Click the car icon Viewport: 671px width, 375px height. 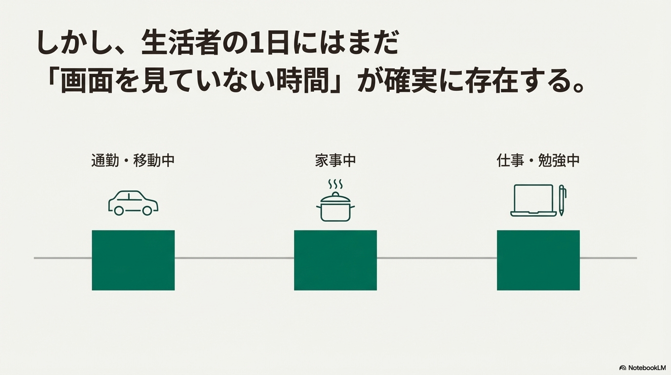click(x=133, y=203)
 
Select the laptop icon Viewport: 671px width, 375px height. click(x=533, y=201)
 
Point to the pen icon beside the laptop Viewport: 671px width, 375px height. click(x=562, y=200)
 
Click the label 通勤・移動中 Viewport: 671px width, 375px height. click(x=133, y=160)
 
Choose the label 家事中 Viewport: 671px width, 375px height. click(x=335, y=160)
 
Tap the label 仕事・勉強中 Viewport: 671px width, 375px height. click(x=538, y=160)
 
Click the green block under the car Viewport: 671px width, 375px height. click(x=133, y=260)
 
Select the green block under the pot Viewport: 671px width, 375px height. click(x=335, y=260)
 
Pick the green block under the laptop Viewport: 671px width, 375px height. click(x=538, y=260)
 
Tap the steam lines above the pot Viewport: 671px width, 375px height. click(x=335, y=185)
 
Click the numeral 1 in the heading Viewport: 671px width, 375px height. click(x=255, y=45)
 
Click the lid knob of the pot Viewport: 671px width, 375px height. click(x=335, y=194)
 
